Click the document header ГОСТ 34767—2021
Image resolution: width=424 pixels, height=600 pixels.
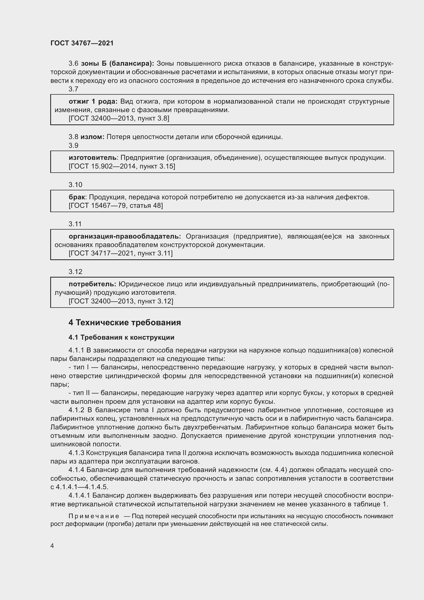82,43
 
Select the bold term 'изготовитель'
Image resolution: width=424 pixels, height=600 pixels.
93,158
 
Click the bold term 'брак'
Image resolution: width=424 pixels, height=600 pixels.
77,197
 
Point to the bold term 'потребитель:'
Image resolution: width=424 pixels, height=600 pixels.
93,284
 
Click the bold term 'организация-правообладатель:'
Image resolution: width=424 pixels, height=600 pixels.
125,236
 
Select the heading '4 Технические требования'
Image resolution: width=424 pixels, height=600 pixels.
125,322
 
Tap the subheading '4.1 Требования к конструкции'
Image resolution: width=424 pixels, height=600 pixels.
122,337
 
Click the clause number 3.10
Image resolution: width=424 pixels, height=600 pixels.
75,185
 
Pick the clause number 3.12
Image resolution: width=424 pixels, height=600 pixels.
75,271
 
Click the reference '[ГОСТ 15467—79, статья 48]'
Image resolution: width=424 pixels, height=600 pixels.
116,205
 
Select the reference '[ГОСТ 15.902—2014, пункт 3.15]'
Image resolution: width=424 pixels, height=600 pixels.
122,166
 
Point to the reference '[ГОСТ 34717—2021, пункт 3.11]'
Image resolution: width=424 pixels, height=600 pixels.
121,253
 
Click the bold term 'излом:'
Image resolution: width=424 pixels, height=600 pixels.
93,137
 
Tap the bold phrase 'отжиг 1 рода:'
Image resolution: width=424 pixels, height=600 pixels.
93,101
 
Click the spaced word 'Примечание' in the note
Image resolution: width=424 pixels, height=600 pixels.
94,516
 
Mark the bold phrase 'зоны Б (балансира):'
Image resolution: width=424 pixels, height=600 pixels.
117,64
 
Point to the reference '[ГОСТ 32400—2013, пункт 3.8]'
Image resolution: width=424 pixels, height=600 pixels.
119,118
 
